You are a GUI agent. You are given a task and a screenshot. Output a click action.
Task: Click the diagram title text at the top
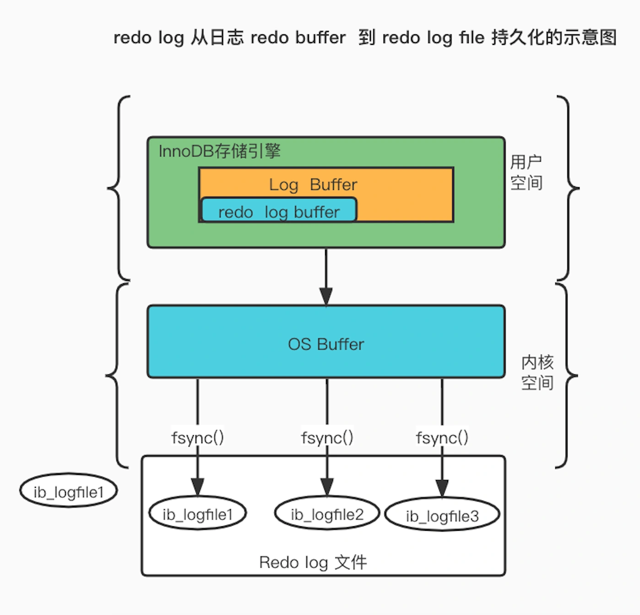pyautogui.click(x=365, y=38)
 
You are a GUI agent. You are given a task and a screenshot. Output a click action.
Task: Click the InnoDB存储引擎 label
pyautogui.click(x=219, y=151)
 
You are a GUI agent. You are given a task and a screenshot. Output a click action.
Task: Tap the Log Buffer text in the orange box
pyautogui.click(x=313, y=184)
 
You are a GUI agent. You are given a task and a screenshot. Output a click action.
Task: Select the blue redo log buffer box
pyautogui.click(x=279, y=211)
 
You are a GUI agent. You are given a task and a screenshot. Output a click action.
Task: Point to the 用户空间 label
pyautogui.click(x=526, y=173)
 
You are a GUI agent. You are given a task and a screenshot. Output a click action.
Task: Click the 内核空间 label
pyautogui.click(x=537, y=372)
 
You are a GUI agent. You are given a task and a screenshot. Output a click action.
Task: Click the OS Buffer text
pyautogui.click(x=326, y=344)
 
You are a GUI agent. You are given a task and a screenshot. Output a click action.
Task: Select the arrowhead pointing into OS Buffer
pyautogui.click(x=326, y=296)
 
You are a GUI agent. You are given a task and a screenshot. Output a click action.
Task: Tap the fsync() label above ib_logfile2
pyautogui.click(x=327, y=438)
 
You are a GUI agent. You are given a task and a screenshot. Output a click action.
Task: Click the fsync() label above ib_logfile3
pyautogui.click(x=442, y=438)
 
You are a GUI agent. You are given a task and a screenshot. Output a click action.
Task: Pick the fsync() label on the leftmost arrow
pyautogui.click(x=197, y=438)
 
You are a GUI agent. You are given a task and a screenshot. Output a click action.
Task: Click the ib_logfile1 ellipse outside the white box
pyautogui.click(x=69, y=491)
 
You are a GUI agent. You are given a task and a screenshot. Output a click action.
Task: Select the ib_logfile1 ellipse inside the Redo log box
pyautogui.click(x=198, y=513)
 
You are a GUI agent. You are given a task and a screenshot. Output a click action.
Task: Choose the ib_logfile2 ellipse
pyautogui.click(x=327, y=513)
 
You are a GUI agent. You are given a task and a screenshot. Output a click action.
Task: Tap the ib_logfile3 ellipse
pyautogui.click(x=442, y=515)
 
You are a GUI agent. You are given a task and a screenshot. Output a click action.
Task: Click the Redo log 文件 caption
pyautogui.click(x=313, y=562)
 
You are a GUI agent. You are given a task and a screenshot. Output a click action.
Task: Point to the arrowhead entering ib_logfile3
pyautogui.click(x=442, y=488)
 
